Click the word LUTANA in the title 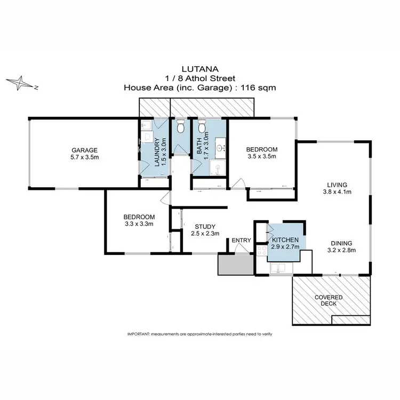(199, 69)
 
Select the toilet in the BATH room (202, 127)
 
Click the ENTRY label (241, 241)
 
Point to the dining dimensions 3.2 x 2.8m (341, 250)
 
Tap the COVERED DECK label (329, 300)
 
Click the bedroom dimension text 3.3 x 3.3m (139, 224)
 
